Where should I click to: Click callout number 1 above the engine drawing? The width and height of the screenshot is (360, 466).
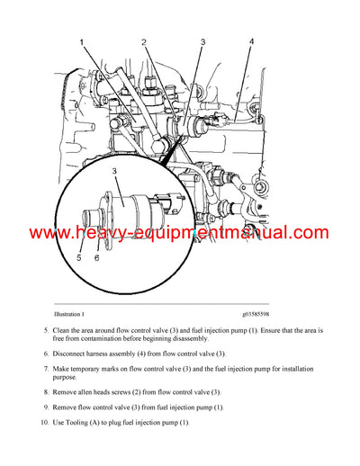pyautogui.click(x=82, y=43)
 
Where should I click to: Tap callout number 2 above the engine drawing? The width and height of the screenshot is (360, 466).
pyautogui.click(x=144, y=42)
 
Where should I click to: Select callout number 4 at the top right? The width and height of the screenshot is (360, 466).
pyautogui.click(x=251, y=41)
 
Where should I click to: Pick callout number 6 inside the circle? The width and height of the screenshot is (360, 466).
pyautogui.click(x=96, y=257)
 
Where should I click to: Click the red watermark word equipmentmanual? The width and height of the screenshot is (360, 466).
pyautogui.click(x=228, y=233)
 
